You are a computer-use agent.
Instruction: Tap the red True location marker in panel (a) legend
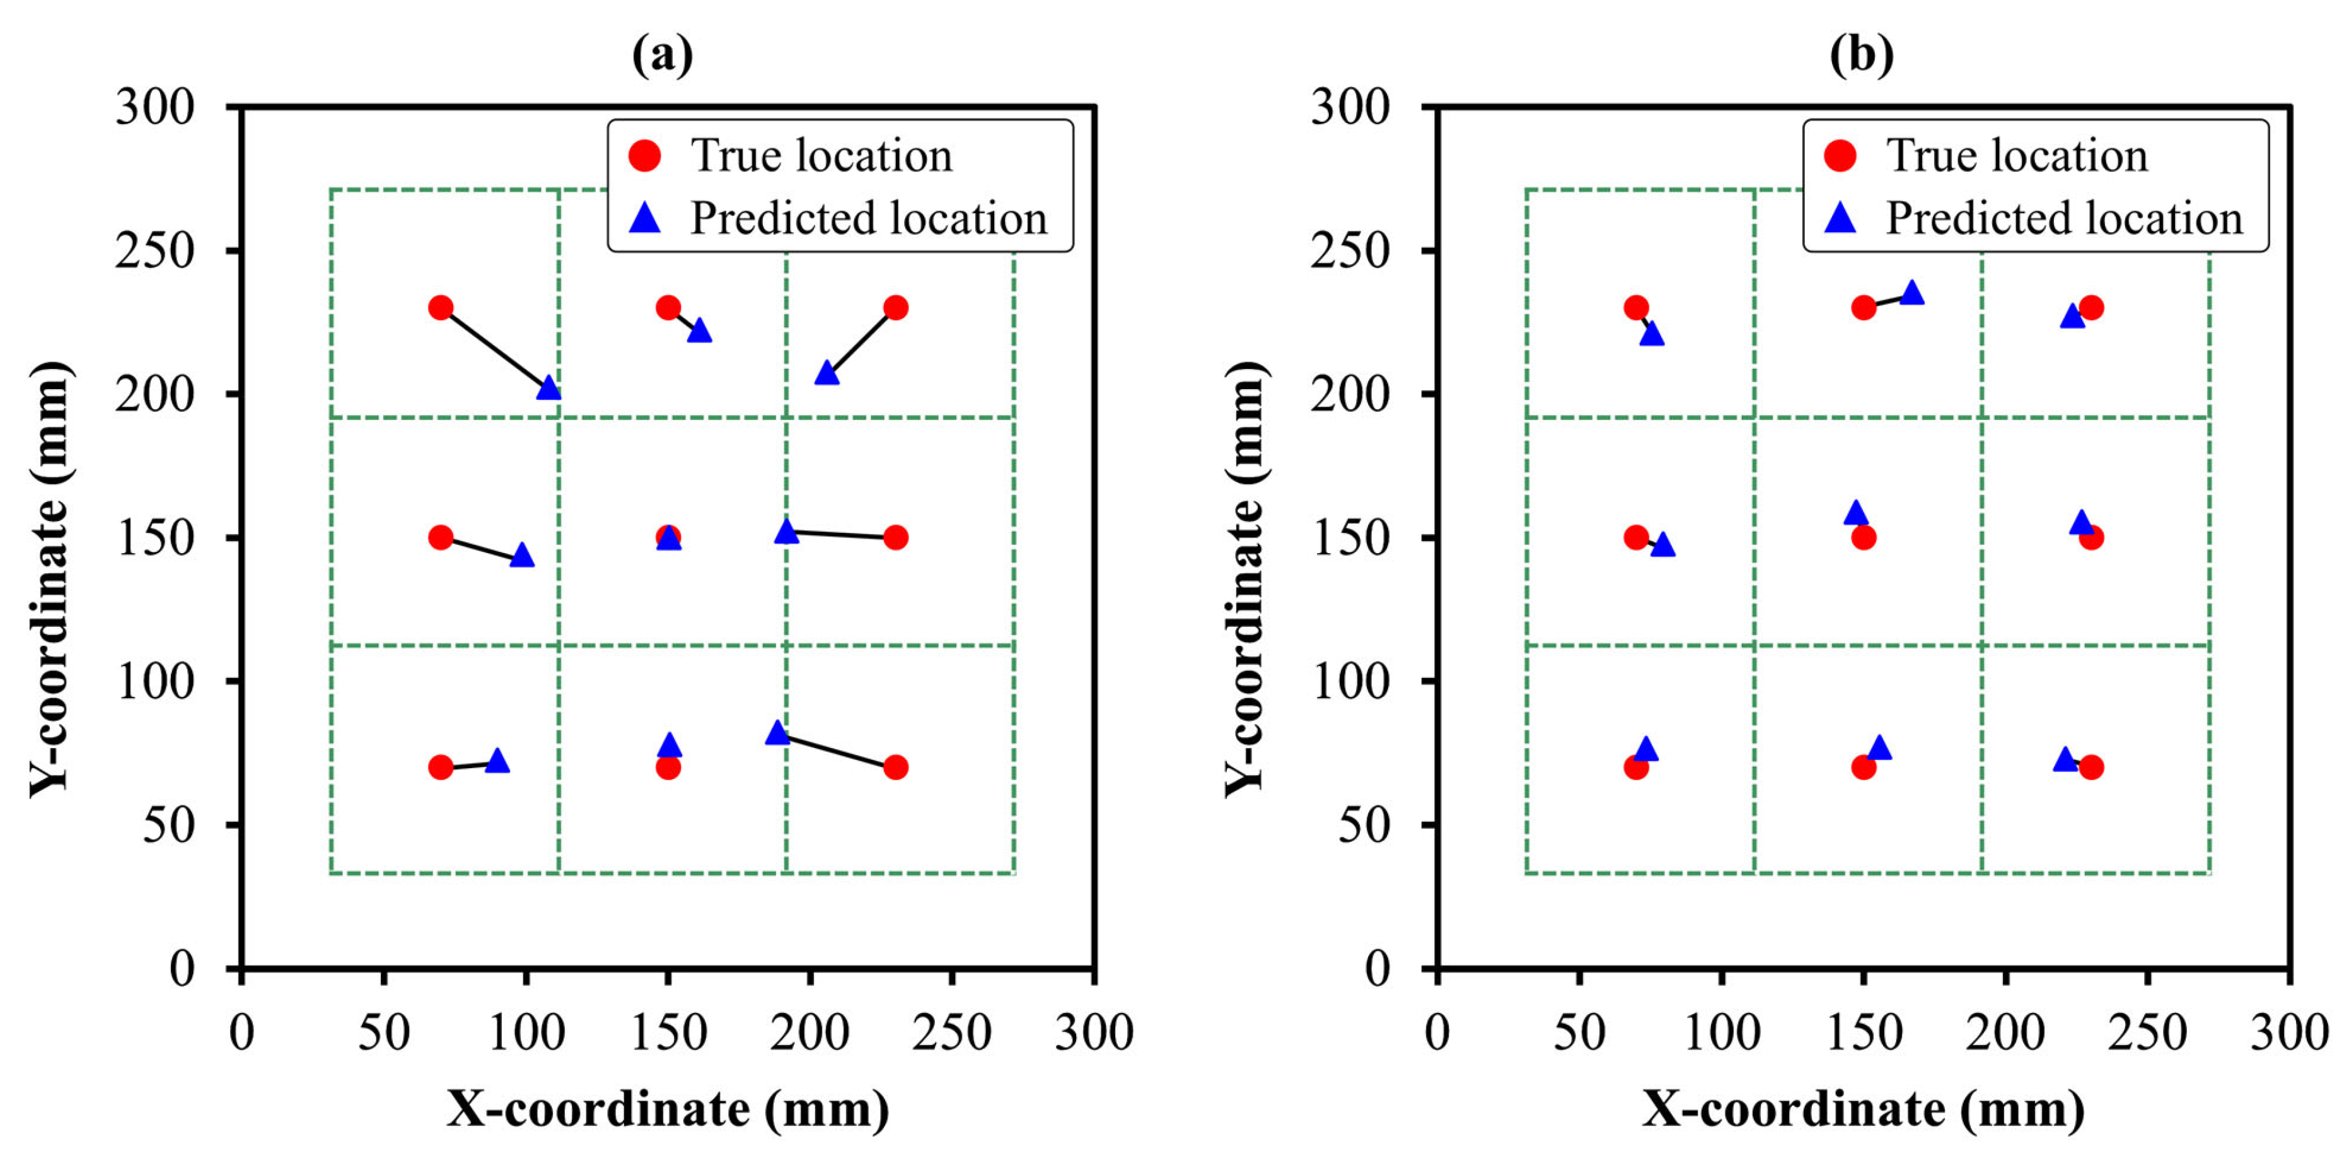645,156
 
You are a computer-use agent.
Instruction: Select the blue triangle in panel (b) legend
1840,218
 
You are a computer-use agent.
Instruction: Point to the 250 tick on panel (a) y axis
155,251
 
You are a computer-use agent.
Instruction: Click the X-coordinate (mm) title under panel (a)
668,1110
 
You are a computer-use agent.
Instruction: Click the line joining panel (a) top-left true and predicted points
494,348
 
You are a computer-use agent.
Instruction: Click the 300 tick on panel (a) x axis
1093,1033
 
